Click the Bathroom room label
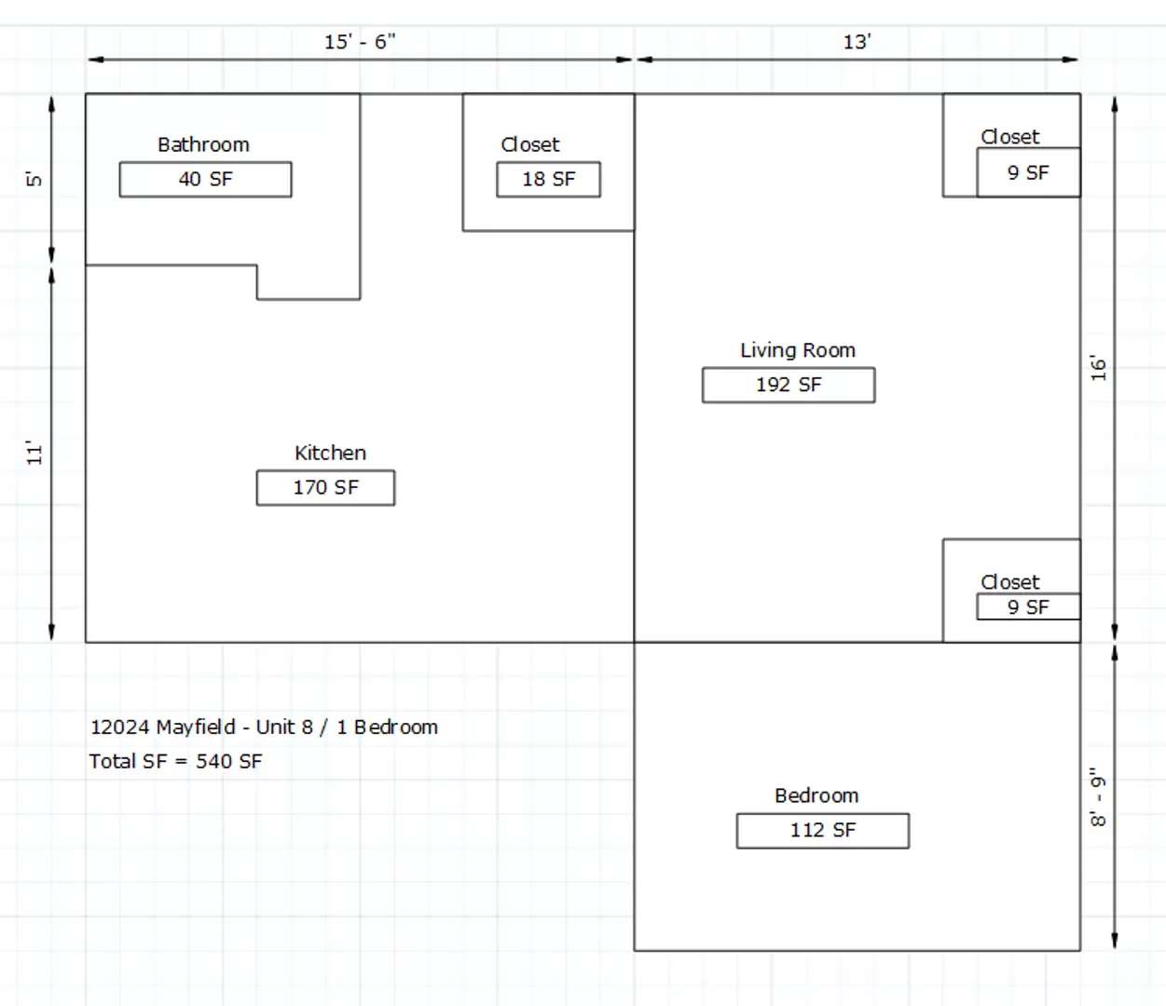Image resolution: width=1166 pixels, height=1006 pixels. pyautogui.click(x=203, y=145)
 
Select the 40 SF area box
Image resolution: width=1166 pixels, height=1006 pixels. pyautogui.click(x=205, y=180)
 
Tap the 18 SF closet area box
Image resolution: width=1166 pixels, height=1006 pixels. pyautogui.click(x=548, y=180)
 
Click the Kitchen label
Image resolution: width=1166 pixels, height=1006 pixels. pyautogui.click(x=330, y=453)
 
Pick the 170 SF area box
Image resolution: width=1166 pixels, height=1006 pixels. pyautogui.click(x=325, y=488)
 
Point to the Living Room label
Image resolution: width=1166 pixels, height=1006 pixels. pyautogui.click(x=798, y=350)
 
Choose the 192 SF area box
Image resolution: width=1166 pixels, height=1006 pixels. pyautogui.click(x=789, y=385)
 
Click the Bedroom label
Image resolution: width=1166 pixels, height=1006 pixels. pyautogui.click(x=816, y=795)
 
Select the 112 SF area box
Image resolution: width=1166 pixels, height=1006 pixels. pyautogui.click(x=823, y=831)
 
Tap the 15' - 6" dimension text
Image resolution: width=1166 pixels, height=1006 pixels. pyautogui.click(x=360, y=42)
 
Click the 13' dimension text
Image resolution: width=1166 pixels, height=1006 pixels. pyautogui.click(x=857, y=42)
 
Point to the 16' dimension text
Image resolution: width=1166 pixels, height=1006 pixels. pyautogui.click(x=1098, y=368)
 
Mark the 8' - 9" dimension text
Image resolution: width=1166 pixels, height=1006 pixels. pyautogui.click(x=1098, y=796)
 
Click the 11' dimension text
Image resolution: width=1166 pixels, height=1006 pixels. pyautogui.click(x=34, y=454)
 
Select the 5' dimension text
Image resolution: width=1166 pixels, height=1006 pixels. pyautogui.click(x=34, y=180)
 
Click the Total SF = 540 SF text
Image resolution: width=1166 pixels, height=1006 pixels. pyautogui.click(x=176, y=762)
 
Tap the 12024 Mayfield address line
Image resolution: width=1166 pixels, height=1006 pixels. pyautogui.click(x=264, y=727)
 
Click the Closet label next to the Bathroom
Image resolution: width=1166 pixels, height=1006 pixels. pyautogui.click(x=530, y=145)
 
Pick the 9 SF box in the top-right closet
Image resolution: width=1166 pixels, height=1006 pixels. pyautogui.click(x=1028, y=172)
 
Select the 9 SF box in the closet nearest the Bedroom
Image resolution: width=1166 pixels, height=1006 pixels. pyautogui.click(x=1028, y=606)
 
